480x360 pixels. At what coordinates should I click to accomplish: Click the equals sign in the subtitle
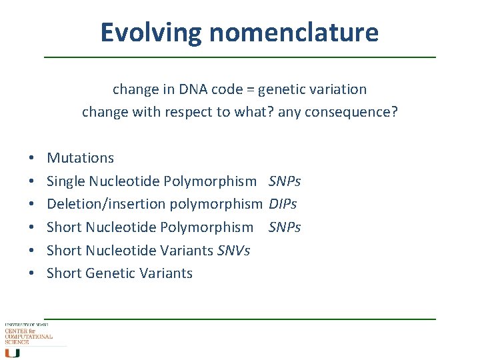tap(249, 89)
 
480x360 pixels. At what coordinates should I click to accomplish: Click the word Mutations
tap(80, 158)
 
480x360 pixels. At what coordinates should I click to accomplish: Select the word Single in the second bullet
tap(66, 181)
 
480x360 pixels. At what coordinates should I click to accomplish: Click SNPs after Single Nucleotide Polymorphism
tap(285, 181)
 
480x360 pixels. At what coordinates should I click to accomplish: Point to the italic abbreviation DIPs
tap(283, 204)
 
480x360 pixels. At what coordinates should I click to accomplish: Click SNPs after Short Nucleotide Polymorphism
tap(285, 227)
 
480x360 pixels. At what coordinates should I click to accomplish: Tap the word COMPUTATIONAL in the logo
tap(29, 337)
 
